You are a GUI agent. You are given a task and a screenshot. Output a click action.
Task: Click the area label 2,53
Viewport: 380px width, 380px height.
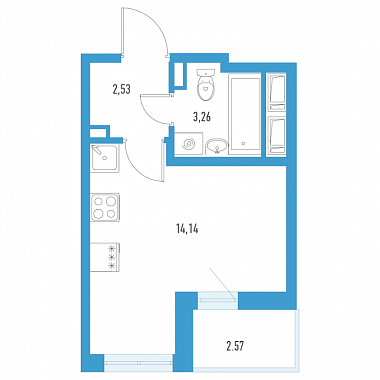click(121, 90)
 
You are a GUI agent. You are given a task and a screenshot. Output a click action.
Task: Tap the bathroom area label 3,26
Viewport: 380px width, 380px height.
click(202, 117)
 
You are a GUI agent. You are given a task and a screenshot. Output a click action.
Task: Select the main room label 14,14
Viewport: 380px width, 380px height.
click(187, 229)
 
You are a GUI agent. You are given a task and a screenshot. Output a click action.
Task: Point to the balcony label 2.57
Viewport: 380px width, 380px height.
click(235, 347)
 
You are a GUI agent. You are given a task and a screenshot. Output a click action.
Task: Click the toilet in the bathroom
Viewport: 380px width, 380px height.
click(205, 85)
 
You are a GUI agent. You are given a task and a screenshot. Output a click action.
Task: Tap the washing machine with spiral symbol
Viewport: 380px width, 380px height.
click(189, 143)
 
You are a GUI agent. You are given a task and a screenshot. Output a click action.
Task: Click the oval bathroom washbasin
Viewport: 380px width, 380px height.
click(217, 146)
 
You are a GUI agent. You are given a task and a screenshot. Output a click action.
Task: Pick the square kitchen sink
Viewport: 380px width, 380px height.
click(104, 158)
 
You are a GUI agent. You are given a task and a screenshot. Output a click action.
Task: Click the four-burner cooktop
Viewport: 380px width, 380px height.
click(105, 207)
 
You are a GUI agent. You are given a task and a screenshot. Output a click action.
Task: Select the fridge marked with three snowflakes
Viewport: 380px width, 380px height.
click(105, 257)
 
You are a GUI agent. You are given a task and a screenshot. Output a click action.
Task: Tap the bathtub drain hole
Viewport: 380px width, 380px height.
click(244, 144)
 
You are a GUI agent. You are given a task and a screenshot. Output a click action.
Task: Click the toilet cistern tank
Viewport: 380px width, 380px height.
click(205, 72)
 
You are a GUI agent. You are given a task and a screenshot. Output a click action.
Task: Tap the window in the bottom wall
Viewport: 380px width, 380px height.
click(139, 363)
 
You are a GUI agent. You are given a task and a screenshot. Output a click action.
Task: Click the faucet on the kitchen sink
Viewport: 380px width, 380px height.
click(98, 150)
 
